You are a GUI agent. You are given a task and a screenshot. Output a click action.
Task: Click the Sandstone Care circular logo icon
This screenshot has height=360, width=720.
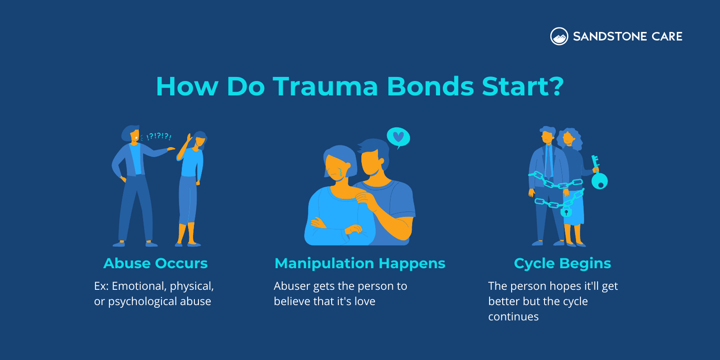(x=559, y=36)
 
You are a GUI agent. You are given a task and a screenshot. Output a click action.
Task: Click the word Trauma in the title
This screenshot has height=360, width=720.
(x=325, y=86)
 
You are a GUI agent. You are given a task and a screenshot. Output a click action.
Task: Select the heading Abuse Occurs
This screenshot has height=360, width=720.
(x=155, y=263)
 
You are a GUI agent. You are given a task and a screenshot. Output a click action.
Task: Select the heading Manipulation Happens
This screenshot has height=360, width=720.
(x=360, y=263)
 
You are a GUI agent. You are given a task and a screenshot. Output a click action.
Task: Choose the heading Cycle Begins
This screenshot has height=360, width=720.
(x=562, y=263)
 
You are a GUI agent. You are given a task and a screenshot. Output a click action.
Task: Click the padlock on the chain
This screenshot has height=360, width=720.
(x=567, y=211)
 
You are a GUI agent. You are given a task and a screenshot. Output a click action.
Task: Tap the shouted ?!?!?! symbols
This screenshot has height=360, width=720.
(x=159, y=136)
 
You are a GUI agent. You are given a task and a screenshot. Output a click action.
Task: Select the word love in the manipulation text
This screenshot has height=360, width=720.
(x=364, y=301)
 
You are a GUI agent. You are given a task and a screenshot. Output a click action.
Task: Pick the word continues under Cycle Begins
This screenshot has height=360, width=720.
(x=513, y=317)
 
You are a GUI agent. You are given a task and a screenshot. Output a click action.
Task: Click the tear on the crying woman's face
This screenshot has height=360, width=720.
(x=341, y=172)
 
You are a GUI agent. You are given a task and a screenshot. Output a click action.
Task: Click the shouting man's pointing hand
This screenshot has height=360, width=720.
(x=171, y=148)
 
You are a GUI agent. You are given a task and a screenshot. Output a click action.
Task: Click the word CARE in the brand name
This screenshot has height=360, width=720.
(x=667, y=36)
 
